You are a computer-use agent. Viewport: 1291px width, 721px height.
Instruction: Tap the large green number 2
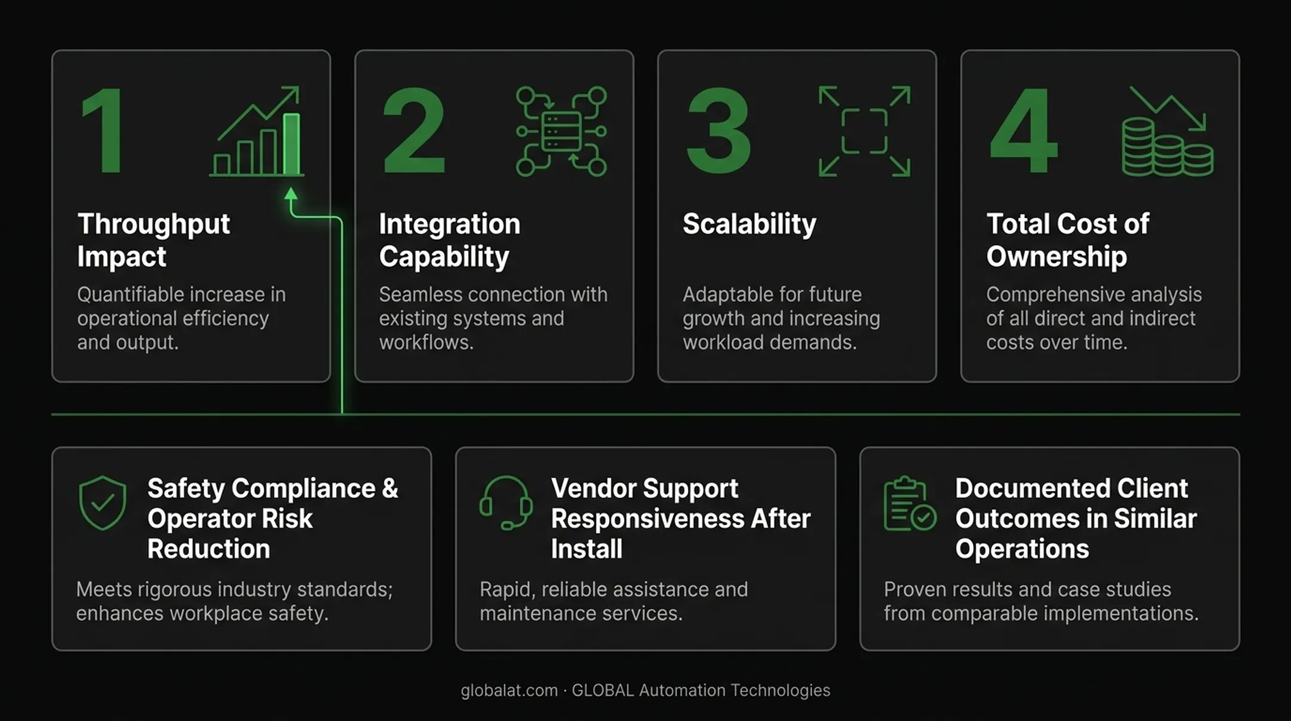point(414,130)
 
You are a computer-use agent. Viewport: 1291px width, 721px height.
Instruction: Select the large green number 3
point(718,130)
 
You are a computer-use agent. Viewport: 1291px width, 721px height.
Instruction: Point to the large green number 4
point(1024,130)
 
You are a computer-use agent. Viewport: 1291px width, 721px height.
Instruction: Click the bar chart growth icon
point(257,132)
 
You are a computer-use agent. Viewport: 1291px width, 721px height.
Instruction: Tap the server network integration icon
point(561,132)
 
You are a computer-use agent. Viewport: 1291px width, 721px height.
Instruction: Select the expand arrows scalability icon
point(864,132)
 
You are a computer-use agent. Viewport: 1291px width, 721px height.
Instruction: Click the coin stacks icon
point(1167,132)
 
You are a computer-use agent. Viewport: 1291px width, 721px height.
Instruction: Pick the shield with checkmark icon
point(102,503)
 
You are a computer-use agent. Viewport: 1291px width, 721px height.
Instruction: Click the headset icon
point(506,503)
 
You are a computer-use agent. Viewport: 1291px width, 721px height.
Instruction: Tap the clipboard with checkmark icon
point(910,503)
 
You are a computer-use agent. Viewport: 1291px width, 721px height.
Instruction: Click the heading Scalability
point(749,224)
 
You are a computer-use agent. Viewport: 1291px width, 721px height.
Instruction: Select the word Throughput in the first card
point(154,224)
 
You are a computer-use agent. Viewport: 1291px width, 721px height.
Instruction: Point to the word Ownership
point(1057,256)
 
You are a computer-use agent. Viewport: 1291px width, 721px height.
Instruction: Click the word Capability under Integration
point(444,257)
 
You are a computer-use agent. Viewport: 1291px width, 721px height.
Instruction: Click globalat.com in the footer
point(509,691)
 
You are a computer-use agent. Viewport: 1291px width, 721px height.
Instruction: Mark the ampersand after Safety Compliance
point(390,488)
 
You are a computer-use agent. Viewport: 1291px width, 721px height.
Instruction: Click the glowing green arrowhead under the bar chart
point(291,194)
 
